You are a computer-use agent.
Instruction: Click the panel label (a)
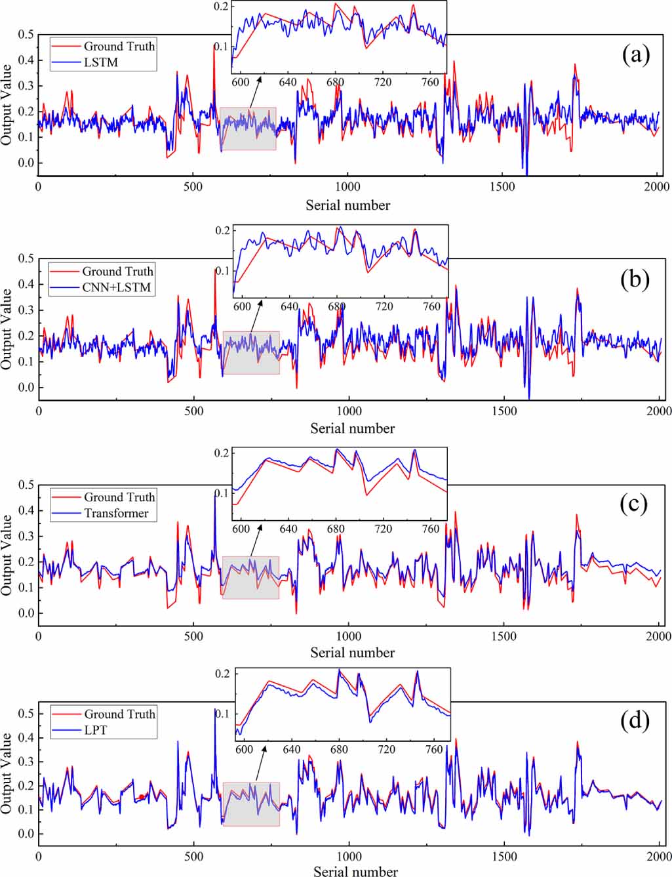click(635, 55)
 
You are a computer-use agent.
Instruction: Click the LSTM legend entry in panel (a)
click(101, 62)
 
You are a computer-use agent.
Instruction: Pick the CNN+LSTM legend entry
click(116, 287)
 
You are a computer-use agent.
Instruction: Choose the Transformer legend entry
click(117, 513)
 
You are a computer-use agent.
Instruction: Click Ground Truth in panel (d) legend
click(119, 714)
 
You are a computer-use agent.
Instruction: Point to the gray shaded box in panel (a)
click(248, 129)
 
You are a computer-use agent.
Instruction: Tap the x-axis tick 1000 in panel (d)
click(349, 857)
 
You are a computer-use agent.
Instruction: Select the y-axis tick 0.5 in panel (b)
click(26, 258)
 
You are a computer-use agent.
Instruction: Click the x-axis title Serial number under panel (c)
click(352, 653)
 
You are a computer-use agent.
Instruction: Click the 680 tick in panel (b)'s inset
click(336, 307)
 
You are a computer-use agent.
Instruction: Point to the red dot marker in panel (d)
click(142, 797)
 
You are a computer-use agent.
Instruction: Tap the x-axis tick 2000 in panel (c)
click(659, 636)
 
